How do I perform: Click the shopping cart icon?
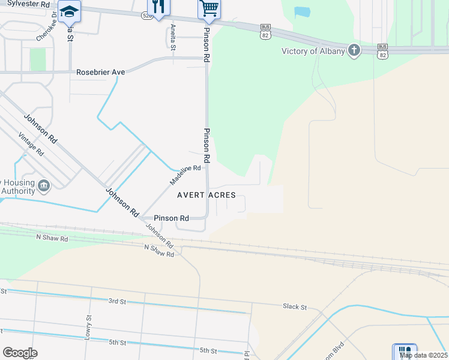[x=208, y=8]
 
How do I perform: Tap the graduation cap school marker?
[x=70, y=11]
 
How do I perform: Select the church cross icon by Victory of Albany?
[x=354, y=50]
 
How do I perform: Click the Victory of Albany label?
[x=313, y=51]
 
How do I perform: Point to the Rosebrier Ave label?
[x=100, y=72]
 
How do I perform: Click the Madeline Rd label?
[x=185, y=175]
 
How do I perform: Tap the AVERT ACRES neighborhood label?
[x=206, y=196]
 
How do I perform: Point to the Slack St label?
[x=295, y=307]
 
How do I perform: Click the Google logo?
[x=20, y=353]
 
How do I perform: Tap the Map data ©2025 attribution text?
[x=423, y=355]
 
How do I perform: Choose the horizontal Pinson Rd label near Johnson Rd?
[x=171, y=218]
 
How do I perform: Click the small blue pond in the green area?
[x=303, y=11]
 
